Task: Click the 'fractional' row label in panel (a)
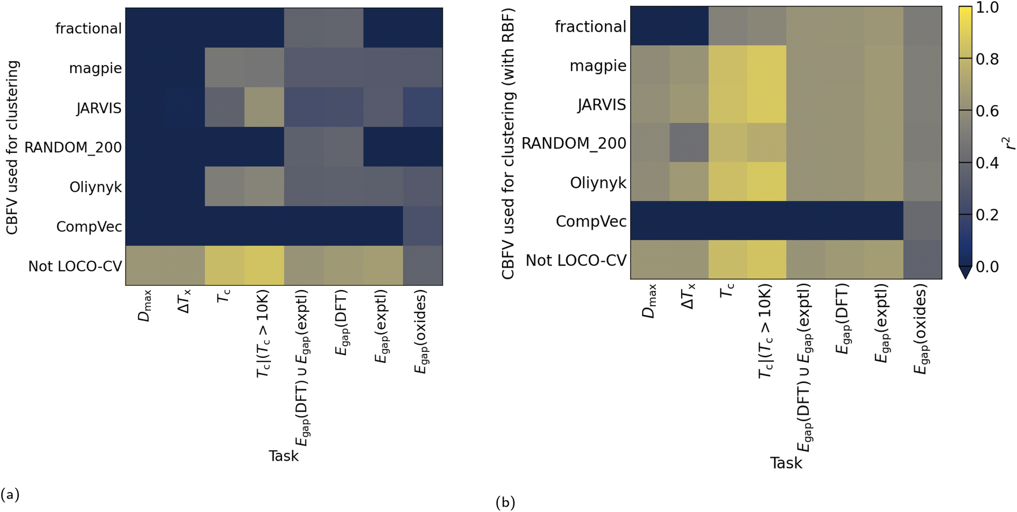(x=88, y=28)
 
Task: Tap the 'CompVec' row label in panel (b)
(x=591, y=221)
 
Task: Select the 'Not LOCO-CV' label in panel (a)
(x=75, y=266)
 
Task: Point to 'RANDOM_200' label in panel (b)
(x=574, y=143)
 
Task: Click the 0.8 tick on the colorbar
(x=987, y=59)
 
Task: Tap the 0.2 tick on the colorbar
(x=987, y=214)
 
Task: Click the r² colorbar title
(x=1008, y=143)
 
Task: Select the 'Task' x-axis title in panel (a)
(x=284, y=456)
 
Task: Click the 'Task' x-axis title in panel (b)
(x=786, y=463)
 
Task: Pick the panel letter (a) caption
(x=10, y=494)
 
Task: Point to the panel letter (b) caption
(x=505, y=502)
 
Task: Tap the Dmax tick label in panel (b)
(x=650, y=301)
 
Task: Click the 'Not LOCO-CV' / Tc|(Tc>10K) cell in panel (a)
(x=264, y=265)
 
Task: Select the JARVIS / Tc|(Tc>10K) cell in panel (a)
(x=264, y=107)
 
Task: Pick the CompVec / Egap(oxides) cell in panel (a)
(x=422, y=226)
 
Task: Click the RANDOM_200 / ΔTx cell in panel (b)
(x=689, y=143)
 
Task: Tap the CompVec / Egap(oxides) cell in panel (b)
(x=922, y=221)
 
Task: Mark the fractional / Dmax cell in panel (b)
(x=650, y=26)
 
